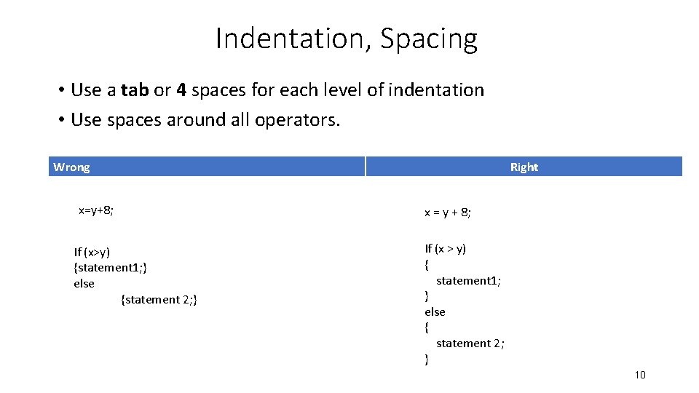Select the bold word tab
pos(135,90)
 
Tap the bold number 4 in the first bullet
pos(181,90)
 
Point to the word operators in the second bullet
pos(297,119)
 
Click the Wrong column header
pos(71,167)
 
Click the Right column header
pos(524,167)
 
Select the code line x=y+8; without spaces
pos(96,211)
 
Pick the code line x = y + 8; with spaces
pos(448,213)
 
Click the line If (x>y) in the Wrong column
pos(92,252)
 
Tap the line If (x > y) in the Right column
pos(446,249)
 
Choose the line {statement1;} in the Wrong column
pos(111,268)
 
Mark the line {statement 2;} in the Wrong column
pos(159,299)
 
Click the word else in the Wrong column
pos(84,284)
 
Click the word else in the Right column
pos(435,311)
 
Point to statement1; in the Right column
pos(468,280)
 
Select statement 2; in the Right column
pos(470,344)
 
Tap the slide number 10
pos(640,375)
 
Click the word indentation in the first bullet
pos(436,90)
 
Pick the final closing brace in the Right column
pos(427,360)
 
